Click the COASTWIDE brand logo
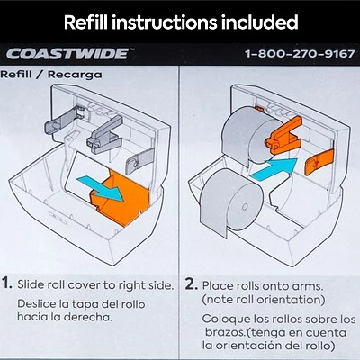68,54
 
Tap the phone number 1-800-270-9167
300,54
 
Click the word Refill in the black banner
85,22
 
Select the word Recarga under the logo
75,75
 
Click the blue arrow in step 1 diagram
102,188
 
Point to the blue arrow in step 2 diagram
274,168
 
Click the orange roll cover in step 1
121,198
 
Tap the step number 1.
6,283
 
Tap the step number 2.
191,283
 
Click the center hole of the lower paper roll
245,207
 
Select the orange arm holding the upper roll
283,136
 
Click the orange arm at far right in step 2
319,162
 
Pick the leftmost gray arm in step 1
65,120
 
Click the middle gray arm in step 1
104,135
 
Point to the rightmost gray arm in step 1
139,162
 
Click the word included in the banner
260,22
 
